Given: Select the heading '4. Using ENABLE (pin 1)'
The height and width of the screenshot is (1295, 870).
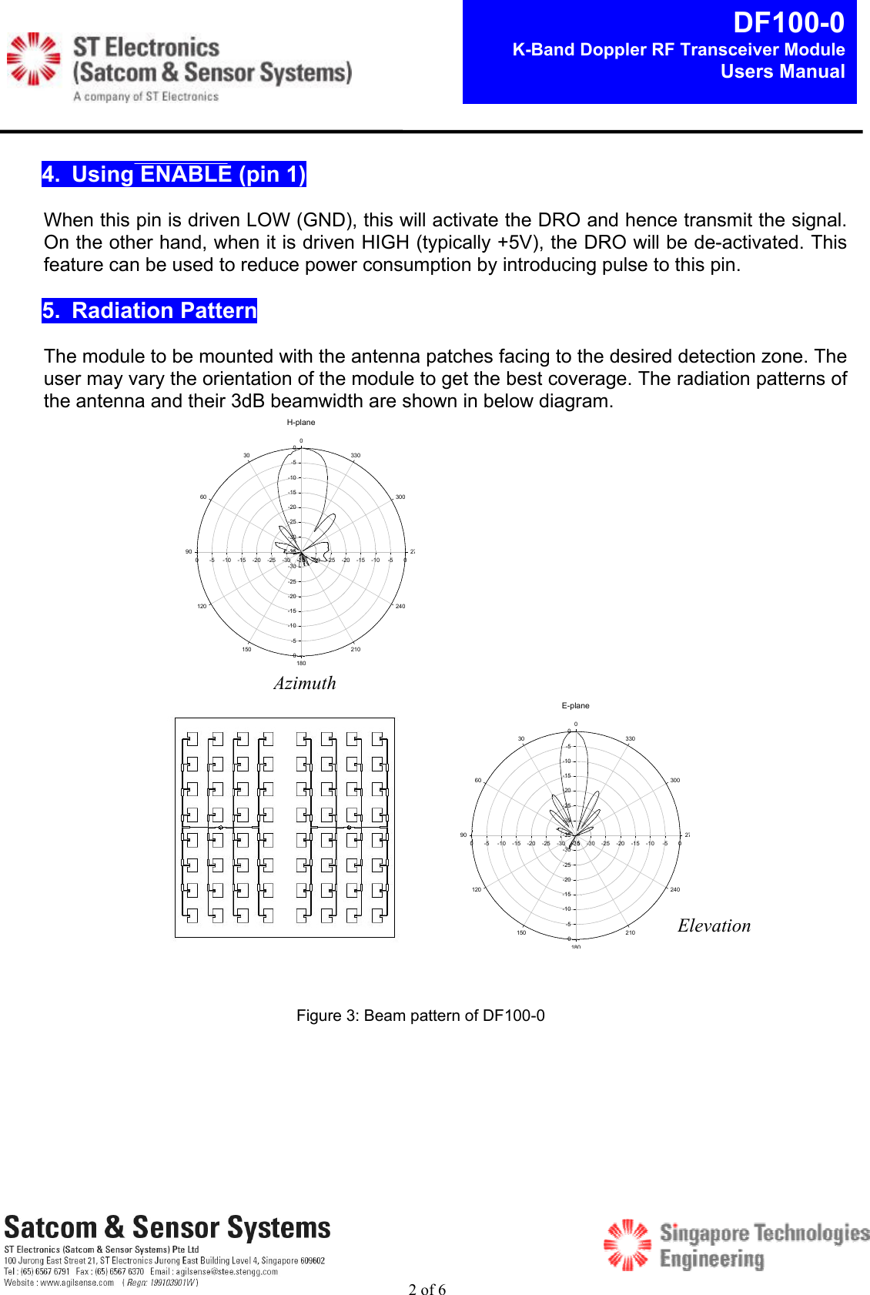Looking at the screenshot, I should point(174,175).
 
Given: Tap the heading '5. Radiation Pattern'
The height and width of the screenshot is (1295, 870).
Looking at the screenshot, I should point(149,311).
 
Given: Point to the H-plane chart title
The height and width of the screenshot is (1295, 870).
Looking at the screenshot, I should point(301,423).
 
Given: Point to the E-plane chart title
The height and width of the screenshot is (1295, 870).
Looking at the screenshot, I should point(575,706).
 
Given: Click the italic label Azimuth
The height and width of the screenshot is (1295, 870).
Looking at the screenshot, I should point(305,683).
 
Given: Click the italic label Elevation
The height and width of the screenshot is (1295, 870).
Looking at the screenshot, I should point(714,925).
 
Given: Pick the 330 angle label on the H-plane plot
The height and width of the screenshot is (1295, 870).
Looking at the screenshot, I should point(356,456).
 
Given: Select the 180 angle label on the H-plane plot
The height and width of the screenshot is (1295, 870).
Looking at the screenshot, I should point(301,663).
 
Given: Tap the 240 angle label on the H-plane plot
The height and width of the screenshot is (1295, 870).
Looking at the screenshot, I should point(400,607).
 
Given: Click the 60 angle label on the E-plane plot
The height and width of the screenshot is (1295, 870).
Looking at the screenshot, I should point(477,781).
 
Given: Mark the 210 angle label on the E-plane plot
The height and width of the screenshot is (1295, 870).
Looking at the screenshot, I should point(630,932).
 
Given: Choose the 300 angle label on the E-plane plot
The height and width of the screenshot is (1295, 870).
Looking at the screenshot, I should point(674,781).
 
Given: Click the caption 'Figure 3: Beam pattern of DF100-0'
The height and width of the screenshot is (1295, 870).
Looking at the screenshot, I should point(420,1016).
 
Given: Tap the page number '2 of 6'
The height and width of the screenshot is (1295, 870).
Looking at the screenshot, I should point(427,1290).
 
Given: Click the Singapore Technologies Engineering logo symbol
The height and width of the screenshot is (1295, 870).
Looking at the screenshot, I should point(627,1244).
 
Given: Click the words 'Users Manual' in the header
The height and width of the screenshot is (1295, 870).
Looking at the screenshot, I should point(782,72).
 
